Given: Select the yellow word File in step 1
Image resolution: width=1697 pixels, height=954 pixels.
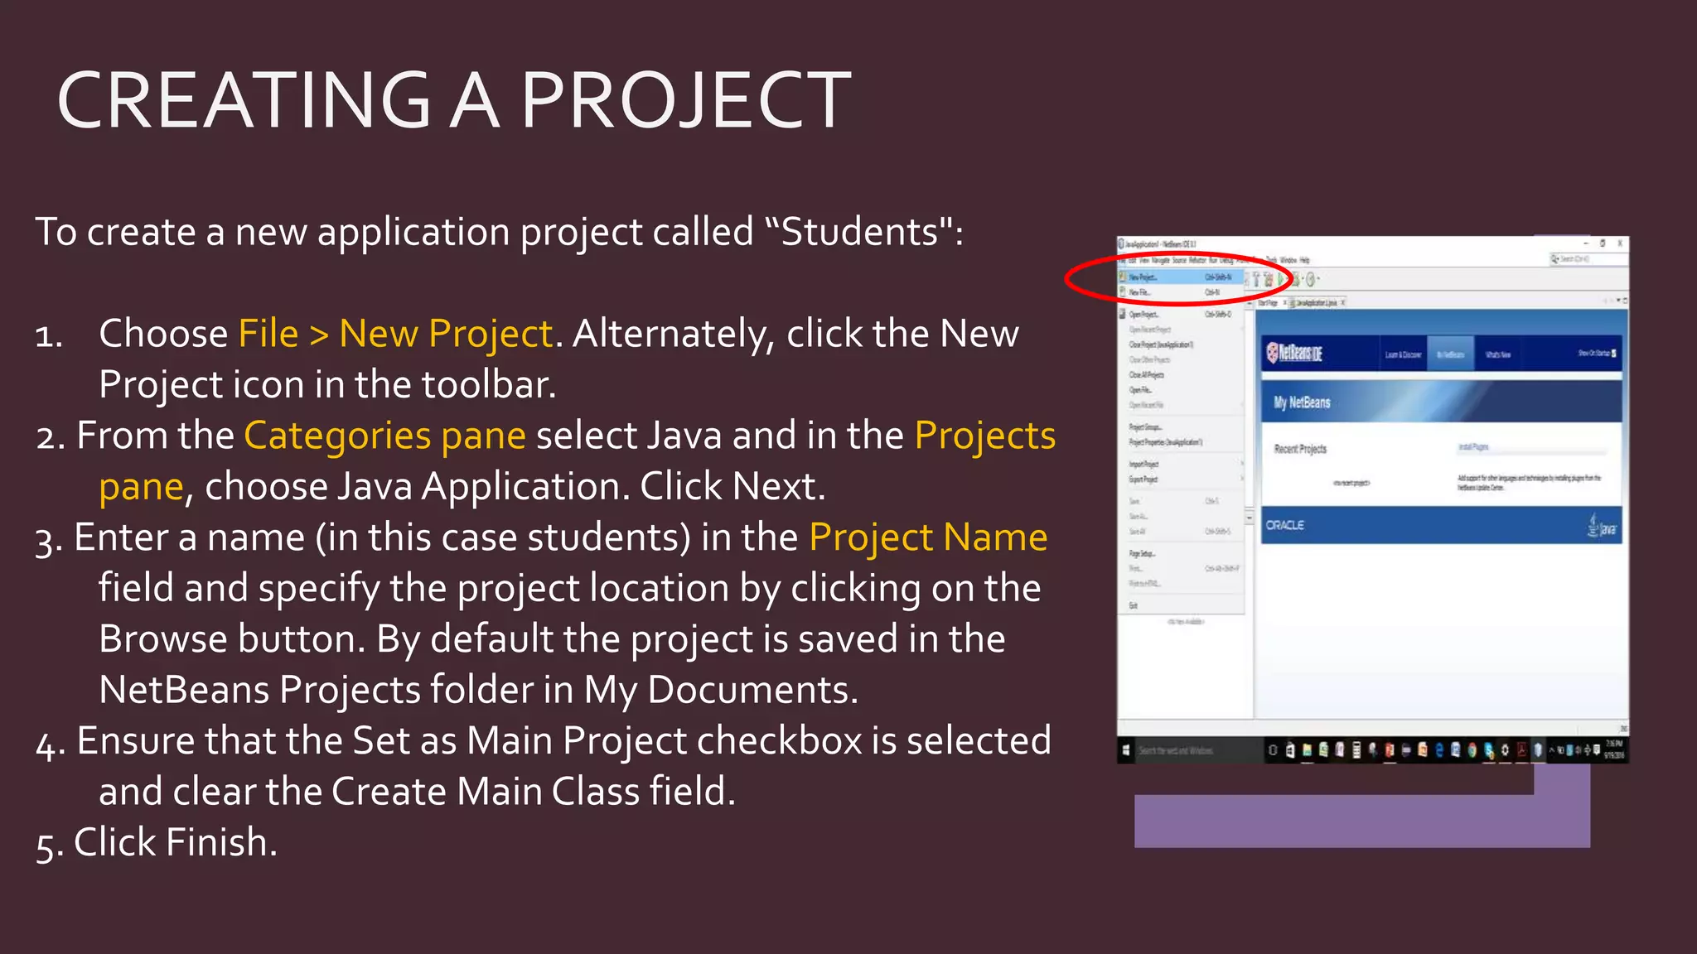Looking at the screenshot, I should pyautogui.click(x=268, y=334).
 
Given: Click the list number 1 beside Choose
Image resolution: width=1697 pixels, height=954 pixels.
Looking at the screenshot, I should pyautogui.click(x=48, y=335).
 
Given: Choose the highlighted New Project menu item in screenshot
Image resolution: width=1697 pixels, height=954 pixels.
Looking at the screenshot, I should pyautogui.click(x=1143, y=277).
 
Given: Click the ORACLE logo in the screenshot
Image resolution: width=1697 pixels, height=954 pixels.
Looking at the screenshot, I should pyautogui.click(x=1284, y=525).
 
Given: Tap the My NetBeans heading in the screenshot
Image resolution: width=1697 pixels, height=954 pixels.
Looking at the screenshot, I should pyautogui.click(x=1302, y=402).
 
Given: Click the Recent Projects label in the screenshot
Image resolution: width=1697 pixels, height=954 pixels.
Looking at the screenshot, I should pyautogui.click(x=1300, y=449).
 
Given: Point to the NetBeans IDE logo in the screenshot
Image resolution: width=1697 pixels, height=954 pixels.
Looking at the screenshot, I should pyautogui.click(x=1294, y=354).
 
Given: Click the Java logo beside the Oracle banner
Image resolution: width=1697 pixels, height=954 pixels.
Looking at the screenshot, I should pyautogui.click(x=1603, y=525).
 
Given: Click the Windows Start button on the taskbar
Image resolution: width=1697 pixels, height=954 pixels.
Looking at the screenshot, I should pyautogui.click(x=1126, y=750).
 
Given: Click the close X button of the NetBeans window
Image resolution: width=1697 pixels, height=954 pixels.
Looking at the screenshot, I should pyautogui.click(x=1620, y=243).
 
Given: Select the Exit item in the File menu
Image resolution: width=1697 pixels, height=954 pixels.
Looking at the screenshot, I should pyautogui.click(x=1133, y=605).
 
